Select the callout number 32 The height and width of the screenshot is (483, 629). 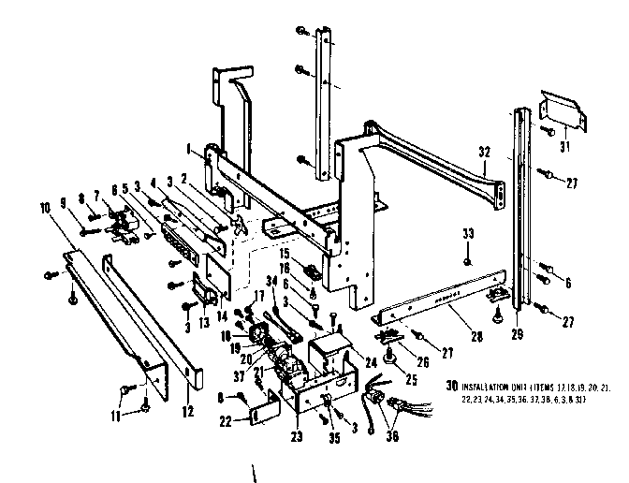[x=484, y=151]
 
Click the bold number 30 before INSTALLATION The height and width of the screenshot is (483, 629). [x=451, y=385]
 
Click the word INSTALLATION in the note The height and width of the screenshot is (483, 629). [x=490, y=385]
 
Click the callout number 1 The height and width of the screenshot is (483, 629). [x=190, y=146]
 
